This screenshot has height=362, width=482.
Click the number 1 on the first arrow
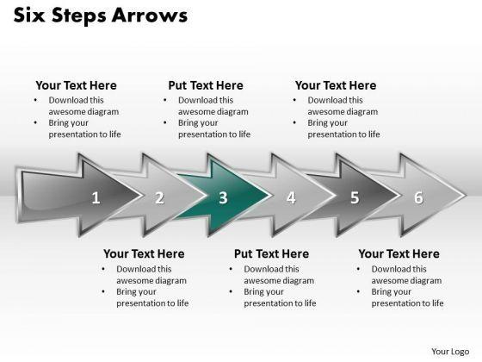click(x=96, y=197)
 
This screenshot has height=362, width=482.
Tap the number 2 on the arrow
click(x=159, y=197)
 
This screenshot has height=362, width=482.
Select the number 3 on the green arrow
click(x=223, y=197)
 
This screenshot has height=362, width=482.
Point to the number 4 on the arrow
click(x=291, y=197)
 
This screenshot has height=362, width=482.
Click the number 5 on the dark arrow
click(x=355, y=197)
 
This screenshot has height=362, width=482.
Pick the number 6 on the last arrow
click(x=418, y=197)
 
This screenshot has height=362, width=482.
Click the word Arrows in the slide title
click(x=150, y=16)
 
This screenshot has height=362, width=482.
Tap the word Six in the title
click(x=29, y=16)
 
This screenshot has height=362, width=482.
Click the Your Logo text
click(x=450, y=352)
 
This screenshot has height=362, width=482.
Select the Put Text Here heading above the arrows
click(x=206, y=85)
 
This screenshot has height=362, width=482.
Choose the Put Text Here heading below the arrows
click(x=271, y=254)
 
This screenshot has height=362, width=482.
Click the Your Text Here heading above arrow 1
click(x=77, y=85)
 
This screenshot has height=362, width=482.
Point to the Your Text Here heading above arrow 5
click(x=336, y=85)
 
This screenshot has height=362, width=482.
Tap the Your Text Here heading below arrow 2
click(x=144, y=254)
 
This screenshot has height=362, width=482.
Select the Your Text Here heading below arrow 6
click(x=399, y=254)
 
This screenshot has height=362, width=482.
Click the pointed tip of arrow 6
click(x=466, y=195)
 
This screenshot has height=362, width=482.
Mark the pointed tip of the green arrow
click(x=271, y=195)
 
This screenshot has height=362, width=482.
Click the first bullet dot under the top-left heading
click(x=35, y=100)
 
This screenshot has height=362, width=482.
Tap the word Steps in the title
click(x=78, y=16)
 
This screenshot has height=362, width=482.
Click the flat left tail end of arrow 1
click(x=18, y=195)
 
